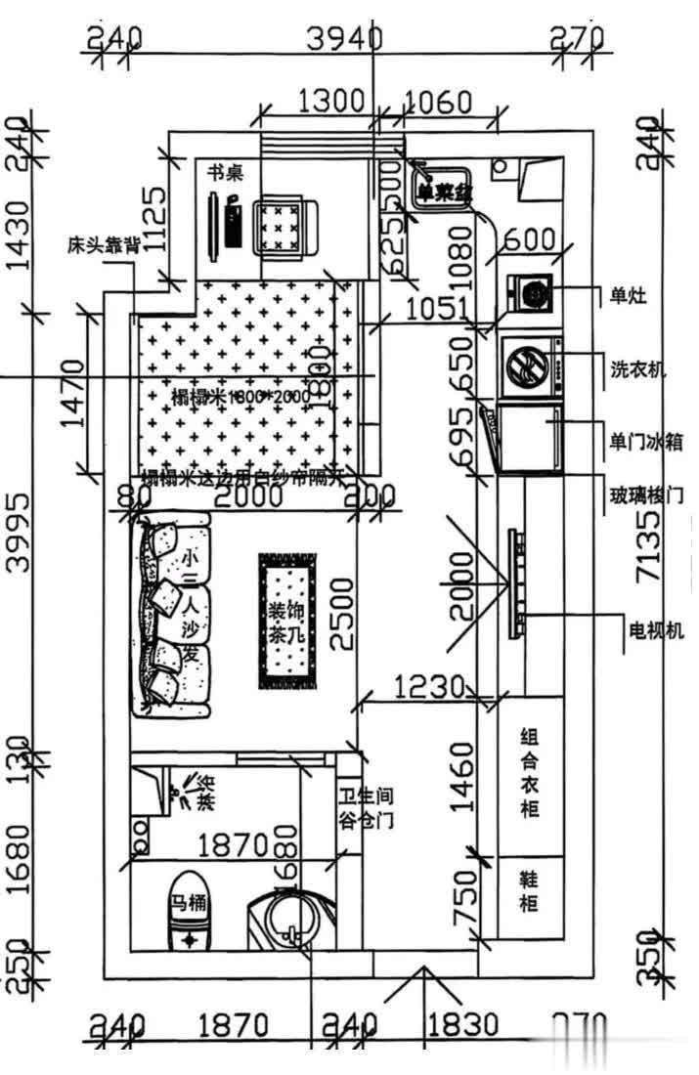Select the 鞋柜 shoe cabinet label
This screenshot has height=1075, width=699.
528,891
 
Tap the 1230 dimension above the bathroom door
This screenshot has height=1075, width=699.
428,687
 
